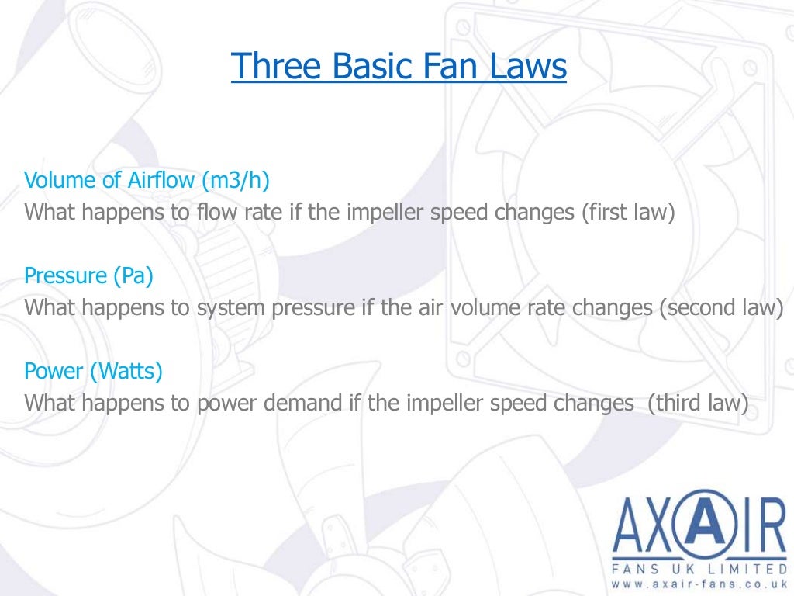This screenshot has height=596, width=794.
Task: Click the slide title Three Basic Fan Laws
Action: tap(399, 68)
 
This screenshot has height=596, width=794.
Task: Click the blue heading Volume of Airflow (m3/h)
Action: tap(147, 181)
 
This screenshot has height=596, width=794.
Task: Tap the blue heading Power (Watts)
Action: tap(93, 371)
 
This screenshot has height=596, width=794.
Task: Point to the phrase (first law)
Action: tap(629, 212)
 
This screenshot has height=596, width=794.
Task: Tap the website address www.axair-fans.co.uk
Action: tap(699, 583)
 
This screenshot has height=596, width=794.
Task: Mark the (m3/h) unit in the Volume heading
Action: tap(236, 181)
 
